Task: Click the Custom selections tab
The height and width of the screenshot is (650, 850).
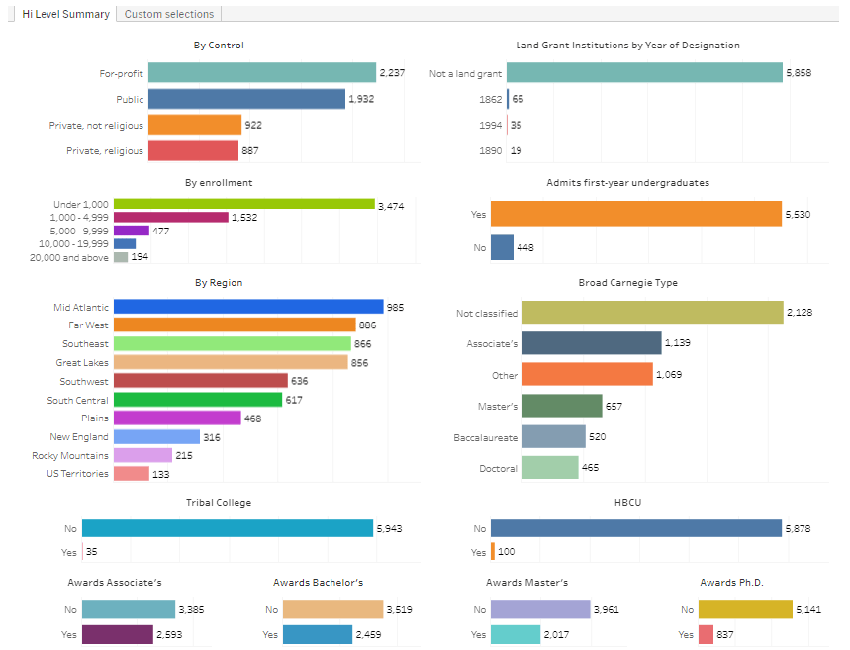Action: [x=169, y=14]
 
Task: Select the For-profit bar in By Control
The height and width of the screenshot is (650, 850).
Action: [x=244, y=73]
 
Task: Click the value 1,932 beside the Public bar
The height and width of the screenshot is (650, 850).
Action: [x=361, y=99]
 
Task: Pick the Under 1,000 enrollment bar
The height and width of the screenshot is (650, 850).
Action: [x=244, y=204]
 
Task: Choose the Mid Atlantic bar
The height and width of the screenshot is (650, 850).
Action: [x=248, y=307]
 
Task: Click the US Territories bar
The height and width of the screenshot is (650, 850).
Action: [x=131, y=474]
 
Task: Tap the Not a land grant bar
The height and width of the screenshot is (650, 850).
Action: [x=644, y=73]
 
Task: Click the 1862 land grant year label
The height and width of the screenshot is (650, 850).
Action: [x=490, y=99]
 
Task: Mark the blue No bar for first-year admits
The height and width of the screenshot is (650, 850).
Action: [x=502, y=247]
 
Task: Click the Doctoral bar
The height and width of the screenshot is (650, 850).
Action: [x=549, y=468]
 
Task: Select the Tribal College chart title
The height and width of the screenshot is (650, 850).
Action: [x=219, y=503]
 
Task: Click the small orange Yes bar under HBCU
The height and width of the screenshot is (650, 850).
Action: [x=492, y=552]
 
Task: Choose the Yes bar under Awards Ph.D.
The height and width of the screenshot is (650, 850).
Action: [x=706, y=635]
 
